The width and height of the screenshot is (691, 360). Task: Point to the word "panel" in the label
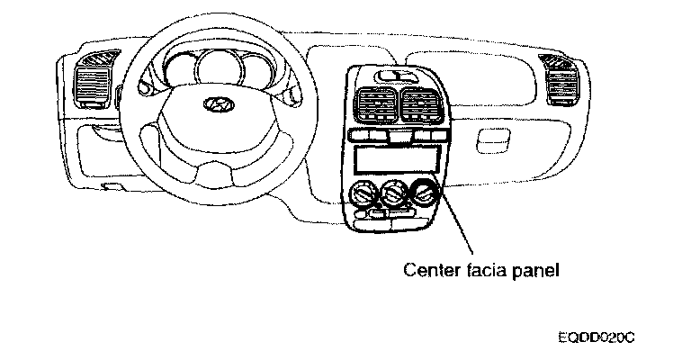tap(531, 268)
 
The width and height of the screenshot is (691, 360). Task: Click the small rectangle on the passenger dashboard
tap(493, 139)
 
